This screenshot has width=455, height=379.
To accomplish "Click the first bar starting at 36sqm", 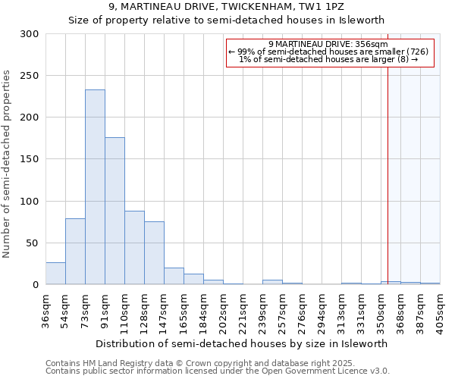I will (x=55, y=274).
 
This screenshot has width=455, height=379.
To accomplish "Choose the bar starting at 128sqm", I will (x=154, y=253).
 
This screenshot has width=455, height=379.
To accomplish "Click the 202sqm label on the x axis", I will (x=223, y=308).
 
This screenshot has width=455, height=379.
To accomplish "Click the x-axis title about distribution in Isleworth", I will (x=242, y=343).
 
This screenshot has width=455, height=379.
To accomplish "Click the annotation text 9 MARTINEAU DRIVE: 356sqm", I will (x=328, y=44).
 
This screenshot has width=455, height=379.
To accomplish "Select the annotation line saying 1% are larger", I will (x=328, y=59).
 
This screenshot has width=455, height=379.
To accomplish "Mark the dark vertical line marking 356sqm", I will (x=388, y=167).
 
